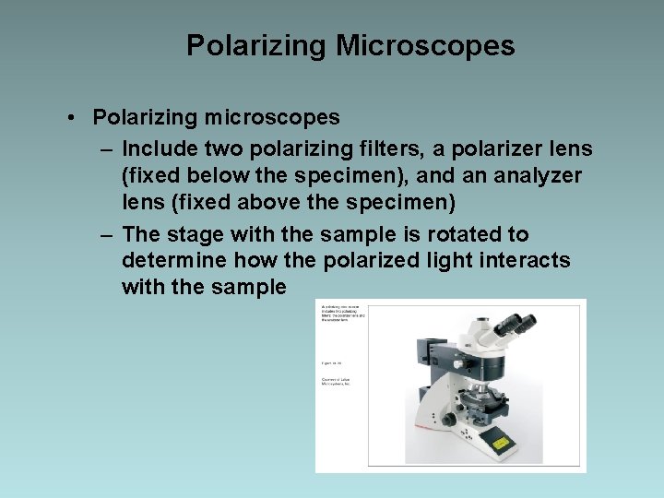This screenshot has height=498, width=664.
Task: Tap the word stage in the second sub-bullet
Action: click(192, 234)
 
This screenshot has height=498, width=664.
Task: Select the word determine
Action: click(173, 261)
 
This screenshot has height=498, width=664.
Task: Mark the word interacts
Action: click(526, 261)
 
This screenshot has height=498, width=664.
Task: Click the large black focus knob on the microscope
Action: click(449, 418)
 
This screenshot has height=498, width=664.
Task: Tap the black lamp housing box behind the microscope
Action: click(427, 350)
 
